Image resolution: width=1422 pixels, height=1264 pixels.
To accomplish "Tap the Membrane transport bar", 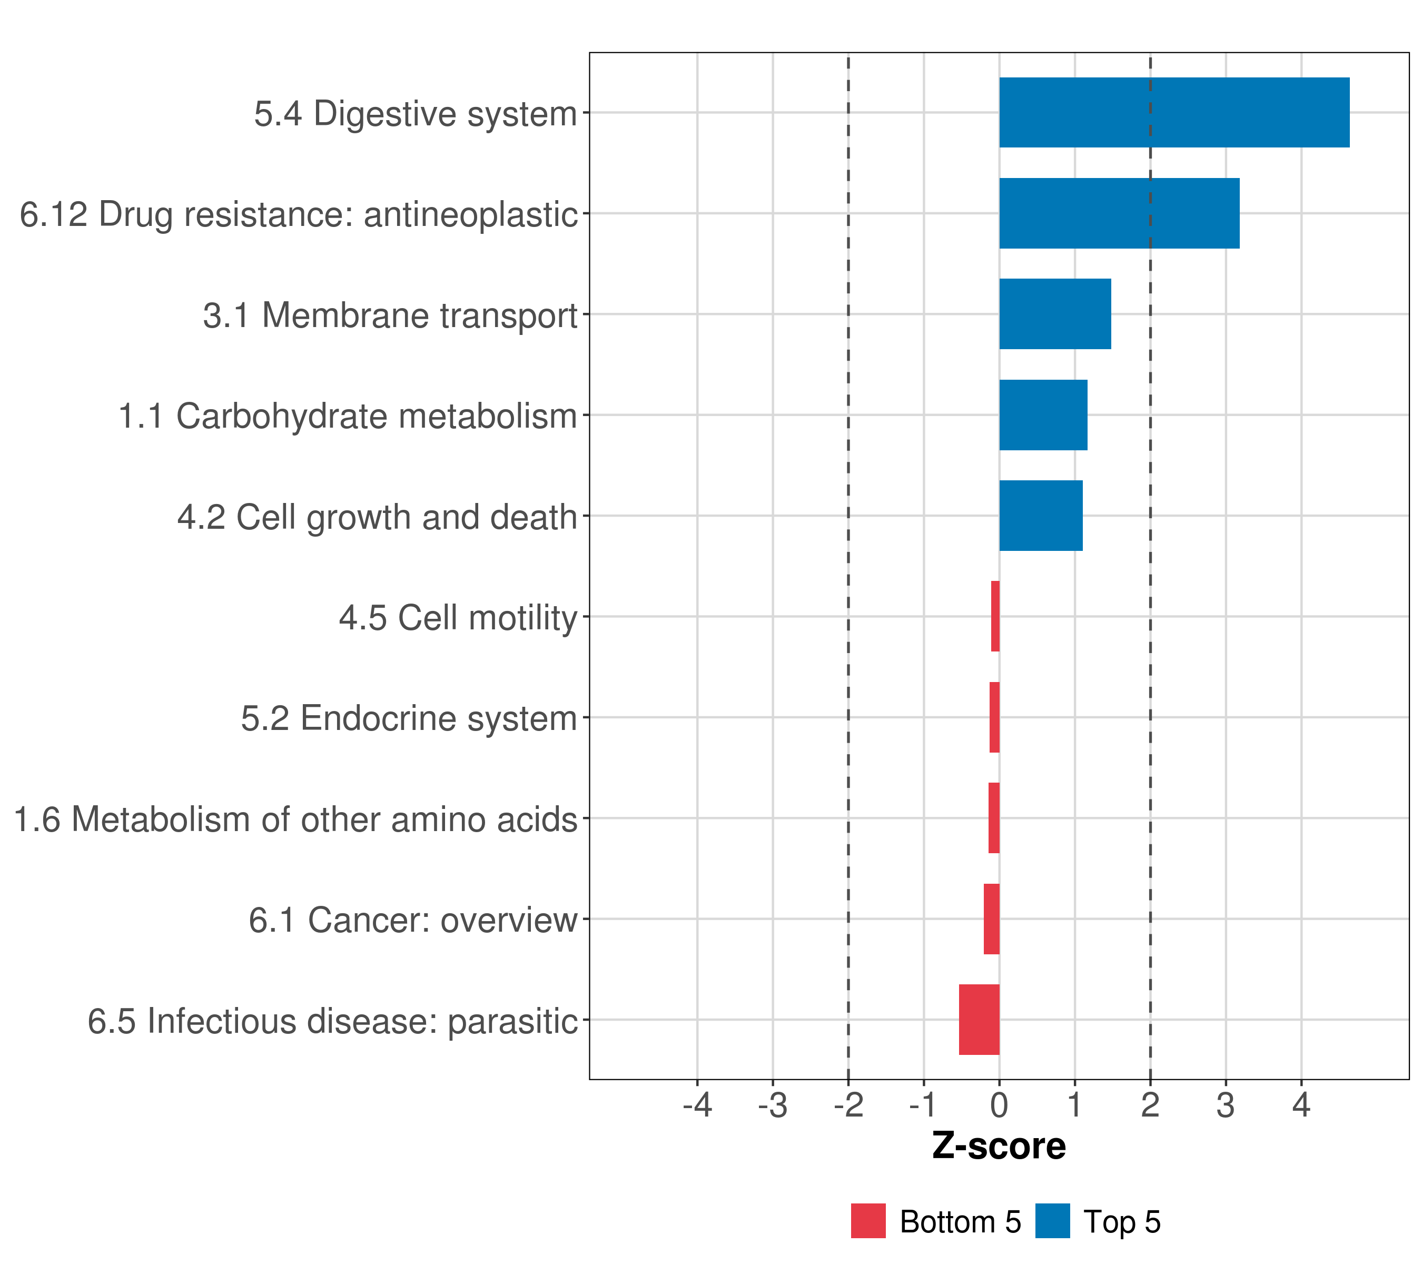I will [x=1055, y=314].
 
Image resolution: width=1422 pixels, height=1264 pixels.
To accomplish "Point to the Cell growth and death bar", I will [x=1041, y=516].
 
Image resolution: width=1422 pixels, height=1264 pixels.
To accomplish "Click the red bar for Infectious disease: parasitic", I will [x=979, y=1019].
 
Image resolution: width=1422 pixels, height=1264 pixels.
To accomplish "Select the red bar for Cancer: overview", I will [x=991, y=919].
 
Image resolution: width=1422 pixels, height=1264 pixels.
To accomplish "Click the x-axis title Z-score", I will [x=999, y=1147].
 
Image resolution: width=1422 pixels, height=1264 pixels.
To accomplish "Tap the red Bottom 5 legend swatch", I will [x=867, y=1221].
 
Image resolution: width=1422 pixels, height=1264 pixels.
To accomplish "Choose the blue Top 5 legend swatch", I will [x=1052, y=1221].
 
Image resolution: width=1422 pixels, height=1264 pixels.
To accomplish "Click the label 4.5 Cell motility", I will [x=458, y=618].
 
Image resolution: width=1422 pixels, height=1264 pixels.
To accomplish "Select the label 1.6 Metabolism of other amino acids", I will [x=295, y=819].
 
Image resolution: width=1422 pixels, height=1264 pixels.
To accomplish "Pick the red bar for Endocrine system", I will [x=994, y=717].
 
